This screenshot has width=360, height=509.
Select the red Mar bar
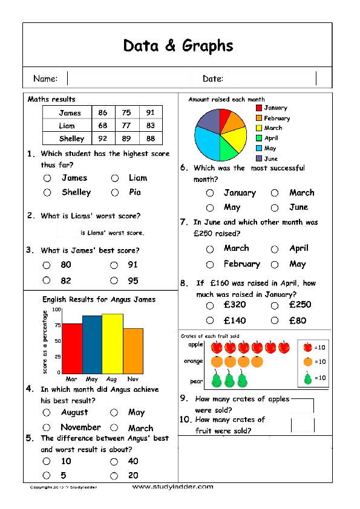pos(73,348)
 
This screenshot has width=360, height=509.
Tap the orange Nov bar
pos(133,351)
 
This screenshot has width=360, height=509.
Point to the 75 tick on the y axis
pos(57,325)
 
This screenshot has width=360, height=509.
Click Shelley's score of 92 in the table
pos(103,138)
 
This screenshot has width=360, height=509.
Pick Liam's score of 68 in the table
pos(103,126)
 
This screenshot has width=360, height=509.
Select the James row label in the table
pos(70,113)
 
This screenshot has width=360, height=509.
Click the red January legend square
pos(258,108)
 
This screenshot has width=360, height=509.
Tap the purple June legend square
pos(258,158)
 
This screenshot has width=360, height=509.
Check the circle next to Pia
pos(115,193)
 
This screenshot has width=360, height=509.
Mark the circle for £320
pos(210,306)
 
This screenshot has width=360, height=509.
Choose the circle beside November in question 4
pos(47,428)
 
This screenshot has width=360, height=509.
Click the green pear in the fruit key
pos(307,378)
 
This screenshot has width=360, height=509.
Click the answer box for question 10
pos(303,425)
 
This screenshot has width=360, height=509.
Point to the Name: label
pos(45,79)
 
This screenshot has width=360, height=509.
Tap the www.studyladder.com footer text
pos(172,487)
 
